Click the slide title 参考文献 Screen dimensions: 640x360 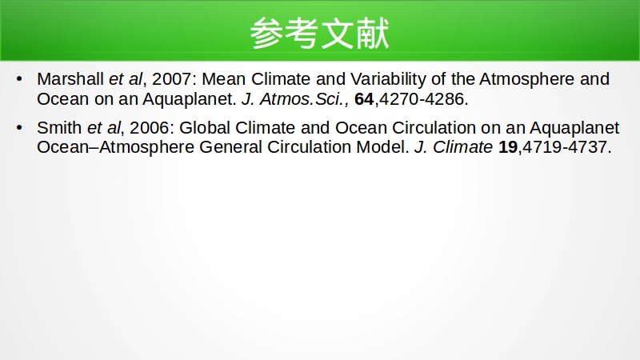pyautogui.click(x=319, y=33)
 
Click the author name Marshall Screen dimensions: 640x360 pyautogui.click(x=70, y=78)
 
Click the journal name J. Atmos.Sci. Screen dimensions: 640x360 pyautogui.click(x=293, y=99)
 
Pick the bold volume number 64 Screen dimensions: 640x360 pyautogui.click(x=364, y=99)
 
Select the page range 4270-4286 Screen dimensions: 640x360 pyautogui.click(x=422, y=99)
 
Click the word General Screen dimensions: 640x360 pyautogui.click(x=230, y=147)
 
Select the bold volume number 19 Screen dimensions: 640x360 pyautogui.click(x=508, y=147)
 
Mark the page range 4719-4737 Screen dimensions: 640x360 pyautogui.click(x=565, y=147)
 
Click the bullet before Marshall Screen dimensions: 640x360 pyautogui.click(x=19, y=78)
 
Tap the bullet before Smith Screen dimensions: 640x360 pyautogui.click(x=19, y=128)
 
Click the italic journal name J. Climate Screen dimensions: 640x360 pyautogui.click(x=454, y=147)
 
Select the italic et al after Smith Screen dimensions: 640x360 pyautogui.click(x=104, y=128)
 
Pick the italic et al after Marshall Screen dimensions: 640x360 pyautogui.click(x=126, y=78)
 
